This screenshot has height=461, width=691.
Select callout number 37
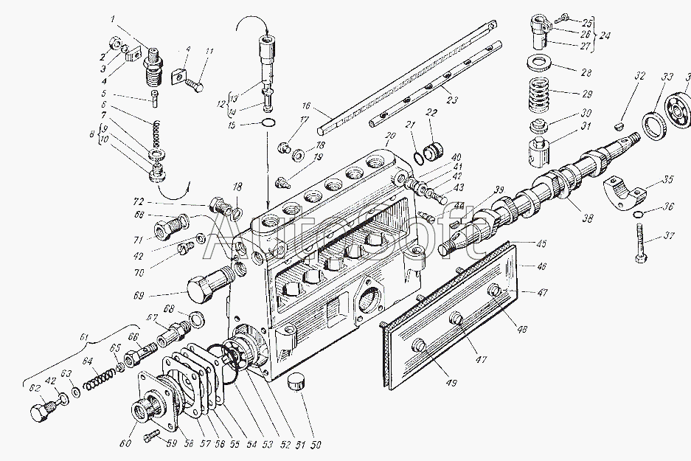click(669, 235)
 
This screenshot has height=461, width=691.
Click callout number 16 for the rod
click(306, 106)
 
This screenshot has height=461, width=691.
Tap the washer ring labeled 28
click(541, 64)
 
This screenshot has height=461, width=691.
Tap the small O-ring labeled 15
click(270, 122)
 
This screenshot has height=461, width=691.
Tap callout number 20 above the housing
click(389, 136)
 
